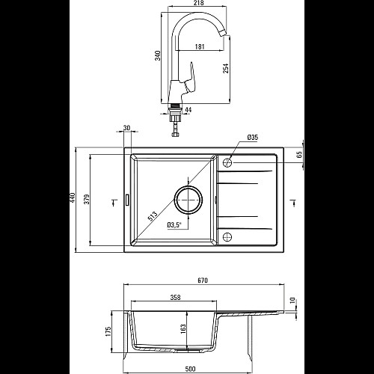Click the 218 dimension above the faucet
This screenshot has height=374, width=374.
coord(199,3)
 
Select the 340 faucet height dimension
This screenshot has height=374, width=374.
coord(158,55)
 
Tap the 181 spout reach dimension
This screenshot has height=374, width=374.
coord(200,46)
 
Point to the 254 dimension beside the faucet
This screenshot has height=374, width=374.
coord(226,68)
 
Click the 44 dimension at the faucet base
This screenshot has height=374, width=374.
coord(188,110)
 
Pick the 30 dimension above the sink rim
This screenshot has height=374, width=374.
coord(126,128)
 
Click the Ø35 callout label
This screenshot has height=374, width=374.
coord(253,137)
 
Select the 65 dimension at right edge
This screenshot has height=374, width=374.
coord(300,154)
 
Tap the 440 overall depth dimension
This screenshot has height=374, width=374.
coord(73,197)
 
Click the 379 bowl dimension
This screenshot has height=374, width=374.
coord(87,199)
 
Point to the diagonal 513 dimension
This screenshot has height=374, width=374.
coord(153,216)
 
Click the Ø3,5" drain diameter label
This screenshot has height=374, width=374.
coord(174,225)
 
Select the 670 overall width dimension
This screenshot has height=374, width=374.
coord(203,280)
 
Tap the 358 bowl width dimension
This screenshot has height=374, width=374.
coord(175,297)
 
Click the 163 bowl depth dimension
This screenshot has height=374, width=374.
coord(183,329)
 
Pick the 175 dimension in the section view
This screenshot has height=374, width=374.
coord(108,331)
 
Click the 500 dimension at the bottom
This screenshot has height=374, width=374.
coord(190,369)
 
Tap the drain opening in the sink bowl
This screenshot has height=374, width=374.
coord(188,200)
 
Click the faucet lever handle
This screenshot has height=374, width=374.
coord(190,79)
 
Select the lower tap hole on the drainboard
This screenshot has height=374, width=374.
coord(227,237)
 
